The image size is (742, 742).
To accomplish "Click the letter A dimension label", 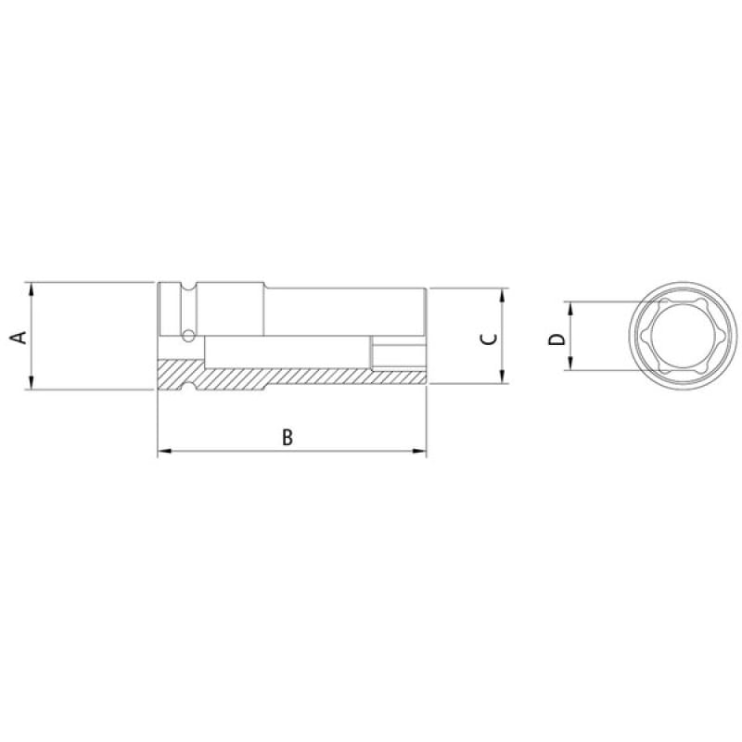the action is coord(19,338).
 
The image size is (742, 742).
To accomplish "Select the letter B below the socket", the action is coord(288,437).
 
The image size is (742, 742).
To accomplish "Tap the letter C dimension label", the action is coord(490,339).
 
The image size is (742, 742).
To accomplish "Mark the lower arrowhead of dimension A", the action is coord(32,382).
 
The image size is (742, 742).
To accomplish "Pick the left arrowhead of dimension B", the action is coord(164,451).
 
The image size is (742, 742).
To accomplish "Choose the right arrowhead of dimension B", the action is coord(419,451).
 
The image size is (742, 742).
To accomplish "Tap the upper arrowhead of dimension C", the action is coord(502,295).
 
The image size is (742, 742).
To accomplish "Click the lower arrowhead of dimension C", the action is coord(502,377).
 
